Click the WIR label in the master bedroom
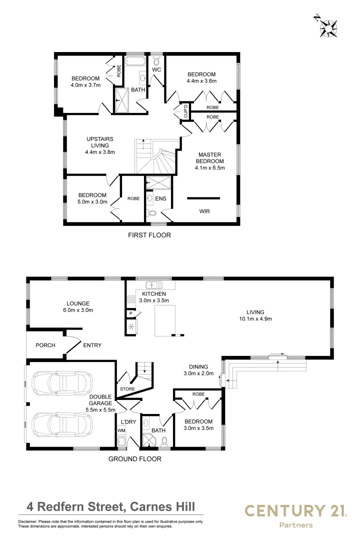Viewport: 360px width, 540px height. pyautogui.click(x=204, y=211)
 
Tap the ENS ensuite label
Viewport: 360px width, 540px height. pyautogui.click(x=160, y=199)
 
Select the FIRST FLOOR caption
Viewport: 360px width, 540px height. pyautogui.click(x=150, y=234)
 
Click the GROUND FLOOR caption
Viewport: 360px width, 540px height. pyautogui.click(x=135, y=458)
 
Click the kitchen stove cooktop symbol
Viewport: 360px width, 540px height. pyautogui.click(x=131, y=299)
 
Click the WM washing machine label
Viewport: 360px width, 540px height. pyautogui.click(x=120, y=430)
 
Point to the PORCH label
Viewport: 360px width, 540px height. pyautogui.click(x=45, y=345)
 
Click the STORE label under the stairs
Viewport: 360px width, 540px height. pyautogui.click(x=127, y=388)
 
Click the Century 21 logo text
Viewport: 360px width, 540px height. pyautogui.click(x=294, y=510)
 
